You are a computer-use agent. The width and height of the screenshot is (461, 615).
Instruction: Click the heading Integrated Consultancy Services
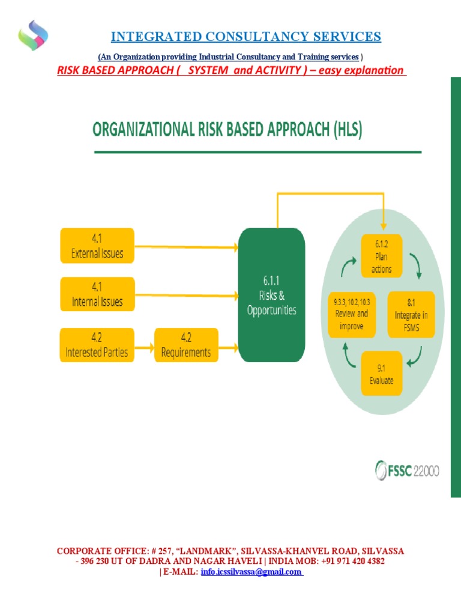(246, 37)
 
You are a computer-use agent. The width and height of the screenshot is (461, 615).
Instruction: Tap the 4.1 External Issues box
(97, 246)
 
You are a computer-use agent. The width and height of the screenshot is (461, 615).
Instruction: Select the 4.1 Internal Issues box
(97, 294)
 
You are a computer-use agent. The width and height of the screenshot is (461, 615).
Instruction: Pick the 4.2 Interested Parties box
(97, 345)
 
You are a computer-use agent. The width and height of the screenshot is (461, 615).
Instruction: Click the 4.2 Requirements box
(186, 345)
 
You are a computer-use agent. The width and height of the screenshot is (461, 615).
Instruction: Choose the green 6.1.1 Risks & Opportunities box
(271, 295)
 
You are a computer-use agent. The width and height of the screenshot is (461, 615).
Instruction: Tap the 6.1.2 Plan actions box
(381, 255)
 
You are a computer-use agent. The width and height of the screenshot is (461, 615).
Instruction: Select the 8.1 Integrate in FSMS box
(412, 314)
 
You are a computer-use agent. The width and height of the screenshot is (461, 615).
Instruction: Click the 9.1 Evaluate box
(381, 373)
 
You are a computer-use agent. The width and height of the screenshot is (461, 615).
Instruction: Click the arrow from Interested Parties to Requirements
(144, 345)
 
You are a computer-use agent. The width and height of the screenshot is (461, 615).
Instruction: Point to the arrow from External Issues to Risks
(186, 247)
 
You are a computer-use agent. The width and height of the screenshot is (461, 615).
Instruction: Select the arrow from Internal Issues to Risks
(186, 294)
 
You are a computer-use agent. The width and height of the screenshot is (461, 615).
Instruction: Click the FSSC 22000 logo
(408, 470)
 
